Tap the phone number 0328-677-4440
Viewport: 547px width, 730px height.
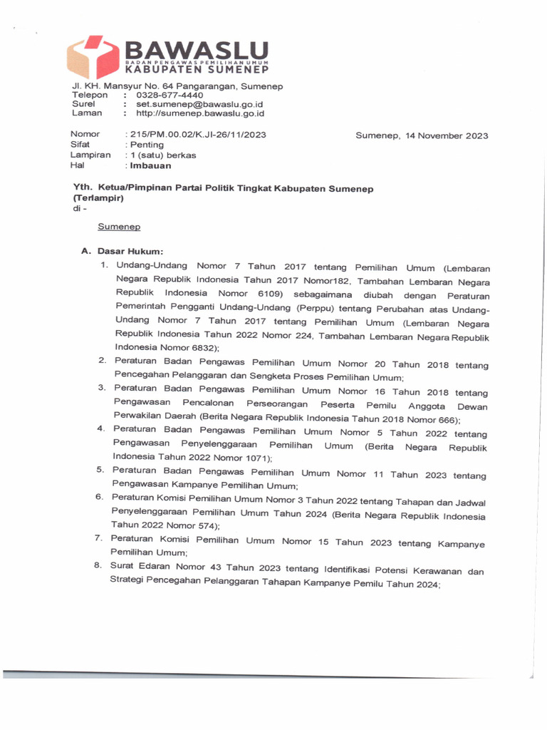(x=170, y=96)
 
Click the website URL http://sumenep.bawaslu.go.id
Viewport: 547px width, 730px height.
(x=200, y=113)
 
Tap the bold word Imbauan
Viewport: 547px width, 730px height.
(x=150, y=165)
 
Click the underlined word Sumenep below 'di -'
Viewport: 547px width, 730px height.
(x=119, y=227)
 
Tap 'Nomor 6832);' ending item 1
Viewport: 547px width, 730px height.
(x=189, y=347)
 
